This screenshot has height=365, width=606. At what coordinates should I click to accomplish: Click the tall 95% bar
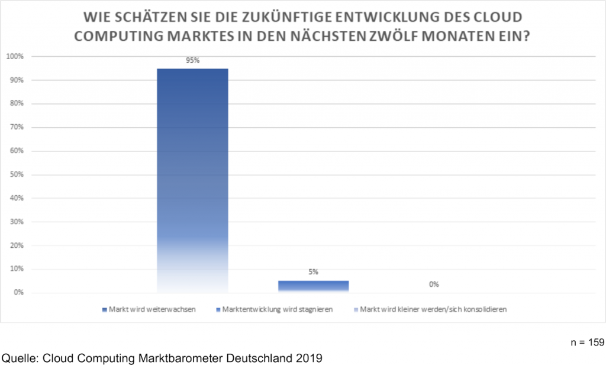coord(192,177)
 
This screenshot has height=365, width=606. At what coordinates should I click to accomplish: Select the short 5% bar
coord(313,286)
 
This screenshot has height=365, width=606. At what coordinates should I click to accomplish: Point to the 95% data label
coord(192,60)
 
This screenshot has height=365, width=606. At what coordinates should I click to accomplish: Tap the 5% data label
coord(313,272)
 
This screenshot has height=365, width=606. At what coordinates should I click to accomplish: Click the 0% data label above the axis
coord(434,285)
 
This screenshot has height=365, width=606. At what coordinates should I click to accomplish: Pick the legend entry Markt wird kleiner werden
coord(433,309)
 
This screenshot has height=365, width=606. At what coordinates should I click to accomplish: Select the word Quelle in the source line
coord(20,357)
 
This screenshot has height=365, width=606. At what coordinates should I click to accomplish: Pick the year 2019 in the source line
coord(310,357)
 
